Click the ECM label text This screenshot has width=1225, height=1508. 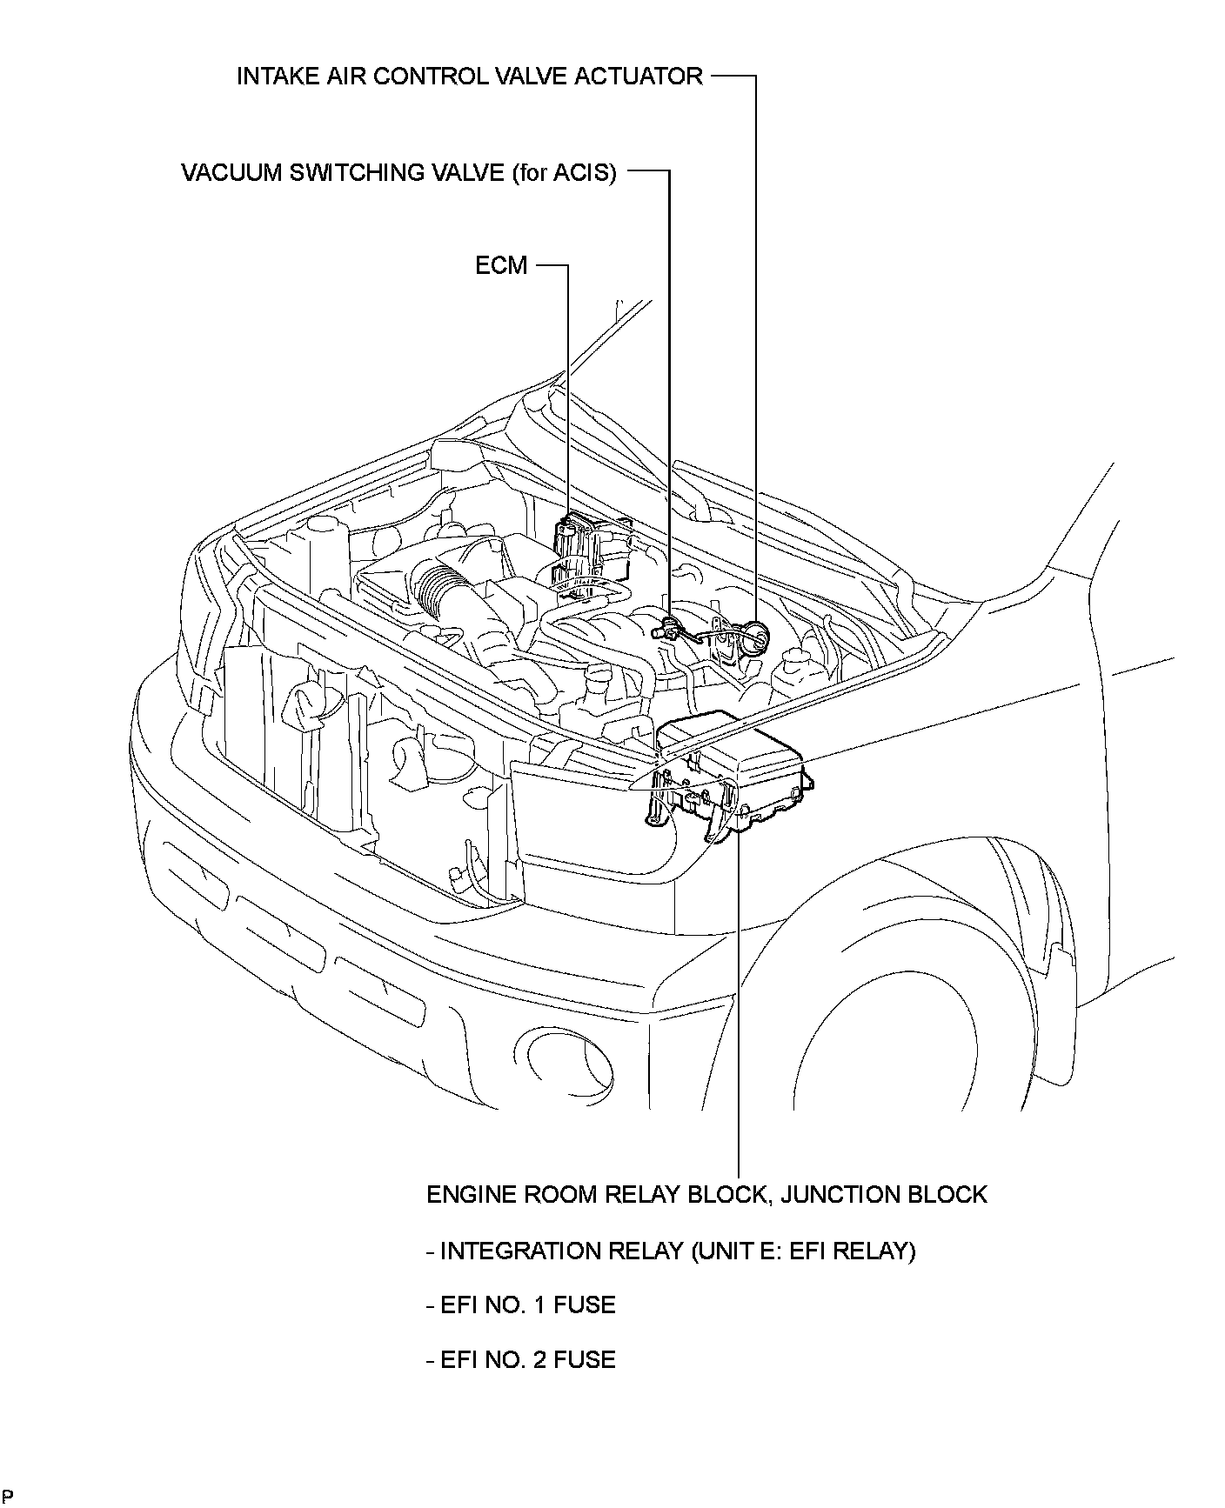click(501, 265)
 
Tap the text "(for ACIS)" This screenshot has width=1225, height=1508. click(565, 172)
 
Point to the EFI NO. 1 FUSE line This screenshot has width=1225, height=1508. click(521, 1304)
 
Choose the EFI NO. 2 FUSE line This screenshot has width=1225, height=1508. click(521, 1359)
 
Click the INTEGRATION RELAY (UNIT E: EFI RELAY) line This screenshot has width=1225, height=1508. click(671, 1251)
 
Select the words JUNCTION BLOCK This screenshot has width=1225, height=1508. click(884, 1194)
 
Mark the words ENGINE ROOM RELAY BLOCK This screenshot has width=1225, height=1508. click(597, 1194)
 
